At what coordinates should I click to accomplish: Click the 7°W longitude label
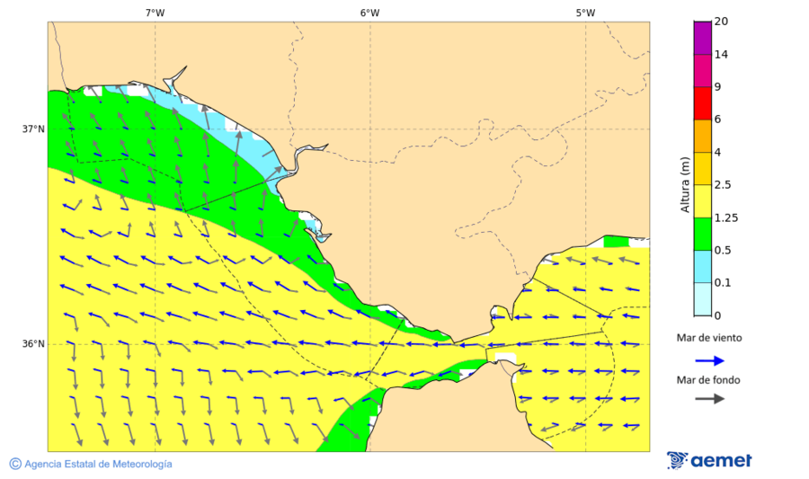point(155,13)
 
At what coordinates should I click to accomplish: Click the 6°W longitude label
point(369,13)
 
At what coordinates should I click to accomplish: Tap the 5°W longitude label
point(585,13)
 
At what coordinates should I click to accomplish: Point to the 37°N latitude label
point(33,129)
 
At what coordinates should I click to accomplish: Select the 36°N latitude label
point(33,344)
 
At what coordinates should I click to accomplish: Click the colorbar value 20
point(721,22)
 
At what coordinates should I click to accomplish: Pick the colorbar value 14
point(721,55)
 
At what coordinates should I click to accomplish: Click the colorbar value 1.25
point(725,217)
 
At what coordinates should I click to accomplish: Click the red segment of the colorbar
point(702,103)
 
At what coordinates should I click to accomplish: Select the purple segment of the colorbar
point(702,38)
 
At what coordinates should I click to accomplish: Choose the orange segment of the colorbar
point(702,136)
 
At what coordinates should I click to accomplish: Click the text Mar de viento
point(709,338)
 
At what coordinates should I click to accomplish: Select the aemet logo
point(709,460)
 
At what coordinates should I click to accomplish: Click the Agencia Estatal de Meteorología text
point(98,464)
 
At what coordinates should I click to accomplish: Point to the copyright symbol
point(15,464)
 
